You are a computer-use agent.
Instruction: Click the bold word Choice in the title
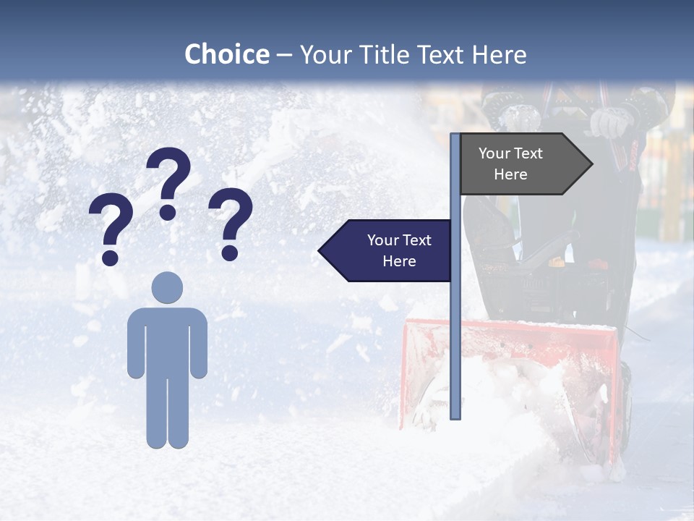(226, 54)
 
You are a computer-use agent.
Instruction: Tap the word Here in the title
(499, 54)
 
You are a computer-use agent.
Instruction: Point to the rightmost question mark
(231, 221)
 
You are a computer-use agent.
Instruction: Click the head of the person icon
(167, 287)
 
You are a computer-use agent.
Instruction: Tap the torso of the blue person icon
(167, 340)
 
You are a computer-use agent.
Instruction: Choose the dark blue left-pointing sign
(387, 250)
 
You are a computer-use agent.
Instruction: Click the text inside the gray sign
(510, 164)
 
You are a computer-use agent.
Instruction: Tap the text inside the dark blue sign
(399, 250)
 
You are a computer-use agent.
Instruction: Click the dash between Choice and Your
(284, 55)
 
